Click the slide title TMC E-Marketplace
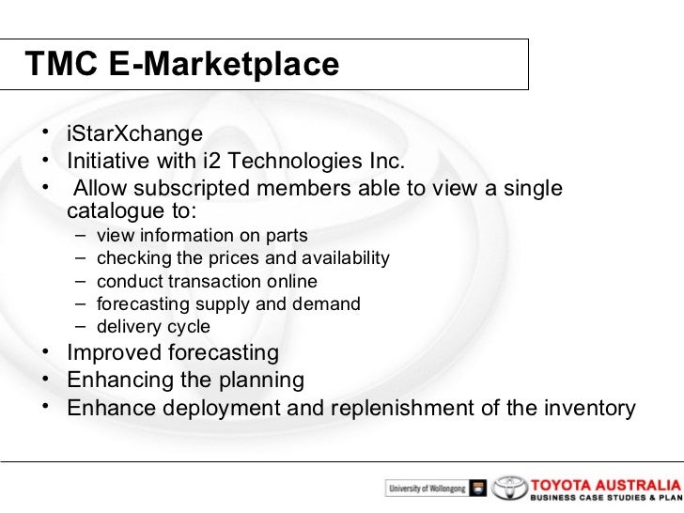click(x=181, y=64)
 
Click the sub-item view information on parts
click(x=202, y=236)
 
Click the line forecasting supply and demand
click(x=228, y=304)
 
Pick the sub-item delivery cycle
click(x=153, y=328)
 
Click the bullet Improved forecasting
click(x=173, y=353)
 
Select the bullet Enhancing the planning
click(x=185, y=381)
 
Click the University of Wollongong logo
click(x=435, y=489)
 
